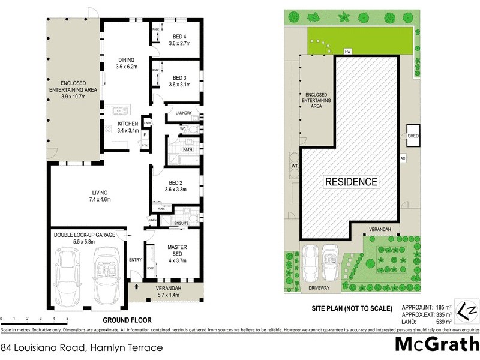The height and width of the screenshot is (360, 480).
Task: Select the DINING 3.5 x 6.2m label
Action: pyautogui.click(x=126, y=63)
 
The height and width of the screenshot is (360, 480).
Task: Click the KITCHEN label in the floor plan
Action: pyautogui.click(x=128, y=127)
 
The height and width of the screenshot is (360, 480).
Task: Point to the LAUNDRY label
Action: pyautogui.click(x=183, y=113)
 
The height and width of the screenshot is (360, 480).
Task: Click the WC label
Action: pyautogui.click(x=182, y=128)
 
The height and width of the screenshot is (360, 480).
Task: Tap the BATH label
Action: pyautogui.click(x=187, y=149)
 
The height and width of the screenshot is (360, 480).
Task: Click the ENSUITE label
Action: pyautogui.click(x=182, y=223)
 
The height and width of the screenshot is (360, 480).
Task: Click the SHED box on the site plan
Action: pyautogui.click(x=413, y=136)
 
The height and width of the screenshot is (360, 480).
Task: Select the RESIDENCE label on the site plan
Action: pyautogui.click(x=351, y=181)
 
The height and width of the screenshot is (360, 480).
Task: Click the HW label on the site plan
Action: pyautogui.click(x=347, y=52)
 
